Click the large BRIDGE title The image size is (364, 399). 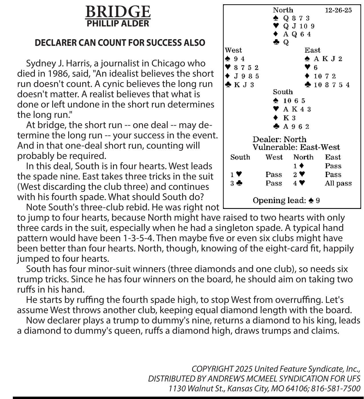(x=118, y=12)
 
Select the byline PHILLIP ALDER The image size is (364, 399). (x=118, y=23)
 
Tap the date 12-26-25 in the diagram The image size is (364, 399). (x=338, y=10)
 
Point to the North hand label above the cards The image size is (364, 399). (x=283, y=10)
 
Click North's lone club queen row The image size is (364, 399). (x=281, y=43)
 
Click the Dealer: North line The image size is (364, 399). (x=279, y=140)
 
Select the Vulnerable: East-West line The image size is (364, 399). (x=296, y=147)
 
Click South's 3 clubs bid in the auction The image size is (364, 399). (x=236, y=183)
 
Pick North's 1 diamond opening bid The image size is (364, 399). (x=298, y=166)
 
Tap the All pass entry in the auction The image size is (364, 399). (x=338, y=183)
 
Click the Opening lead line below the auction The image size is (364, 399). (x=286, y=201)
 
